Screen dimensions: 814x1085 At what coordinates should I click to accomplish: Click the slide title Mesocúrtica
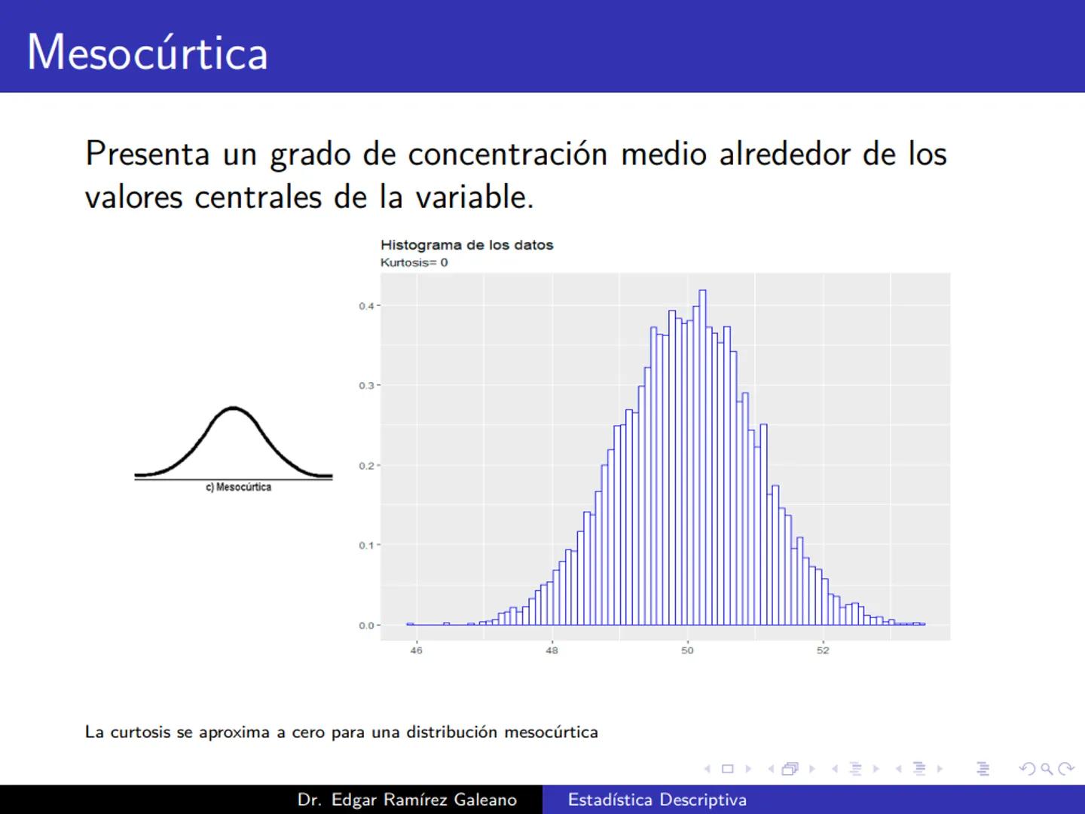[148, 53]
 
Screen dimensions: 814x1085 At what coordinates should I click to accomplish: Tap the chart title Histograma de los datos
[466, 245]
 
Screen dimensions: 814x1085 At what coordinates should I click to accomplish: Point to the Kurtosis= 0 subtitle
[414, 262]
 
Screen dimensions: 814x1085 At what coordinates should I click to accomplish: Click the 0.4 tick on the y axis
[366, 306]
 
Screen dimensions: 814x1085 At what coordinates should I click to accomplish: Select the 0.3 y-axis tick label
[366, 386]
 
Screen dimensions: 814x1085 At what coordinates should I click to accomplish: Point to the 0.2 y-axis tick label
[366, 466]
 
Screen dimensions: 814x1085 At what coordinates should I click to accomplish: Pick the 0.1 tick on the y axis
[366, 546]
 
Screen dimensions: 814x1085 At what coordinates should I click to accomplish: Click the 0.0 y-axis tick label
[366, 626]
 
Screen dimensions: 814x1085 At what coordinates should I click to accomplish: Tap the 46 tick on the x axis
[416, 650]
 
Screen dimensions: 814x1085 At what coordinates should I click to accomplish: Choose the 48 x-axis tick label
[552, 650]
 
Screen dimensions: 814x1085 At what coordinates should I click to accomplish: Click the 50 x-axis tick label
[687, 650]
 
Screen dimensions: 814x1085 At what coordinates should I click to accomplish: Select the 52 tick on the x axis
[823, 650]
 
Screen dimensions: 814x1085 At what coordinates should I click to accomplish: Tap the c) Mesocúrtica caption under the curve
[238, 488]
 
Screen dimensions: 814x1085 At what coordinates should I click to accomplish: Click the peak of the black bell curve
[234, 409]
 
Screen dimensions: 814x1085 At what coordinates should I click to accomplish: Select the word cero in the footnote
[308, 733]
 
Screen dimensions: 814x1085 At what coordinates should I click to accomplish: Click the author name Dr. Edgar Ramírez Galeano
[407, 800]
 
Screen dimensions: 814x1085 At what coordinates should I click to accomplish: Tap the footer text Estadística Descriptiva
[657, 800]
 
